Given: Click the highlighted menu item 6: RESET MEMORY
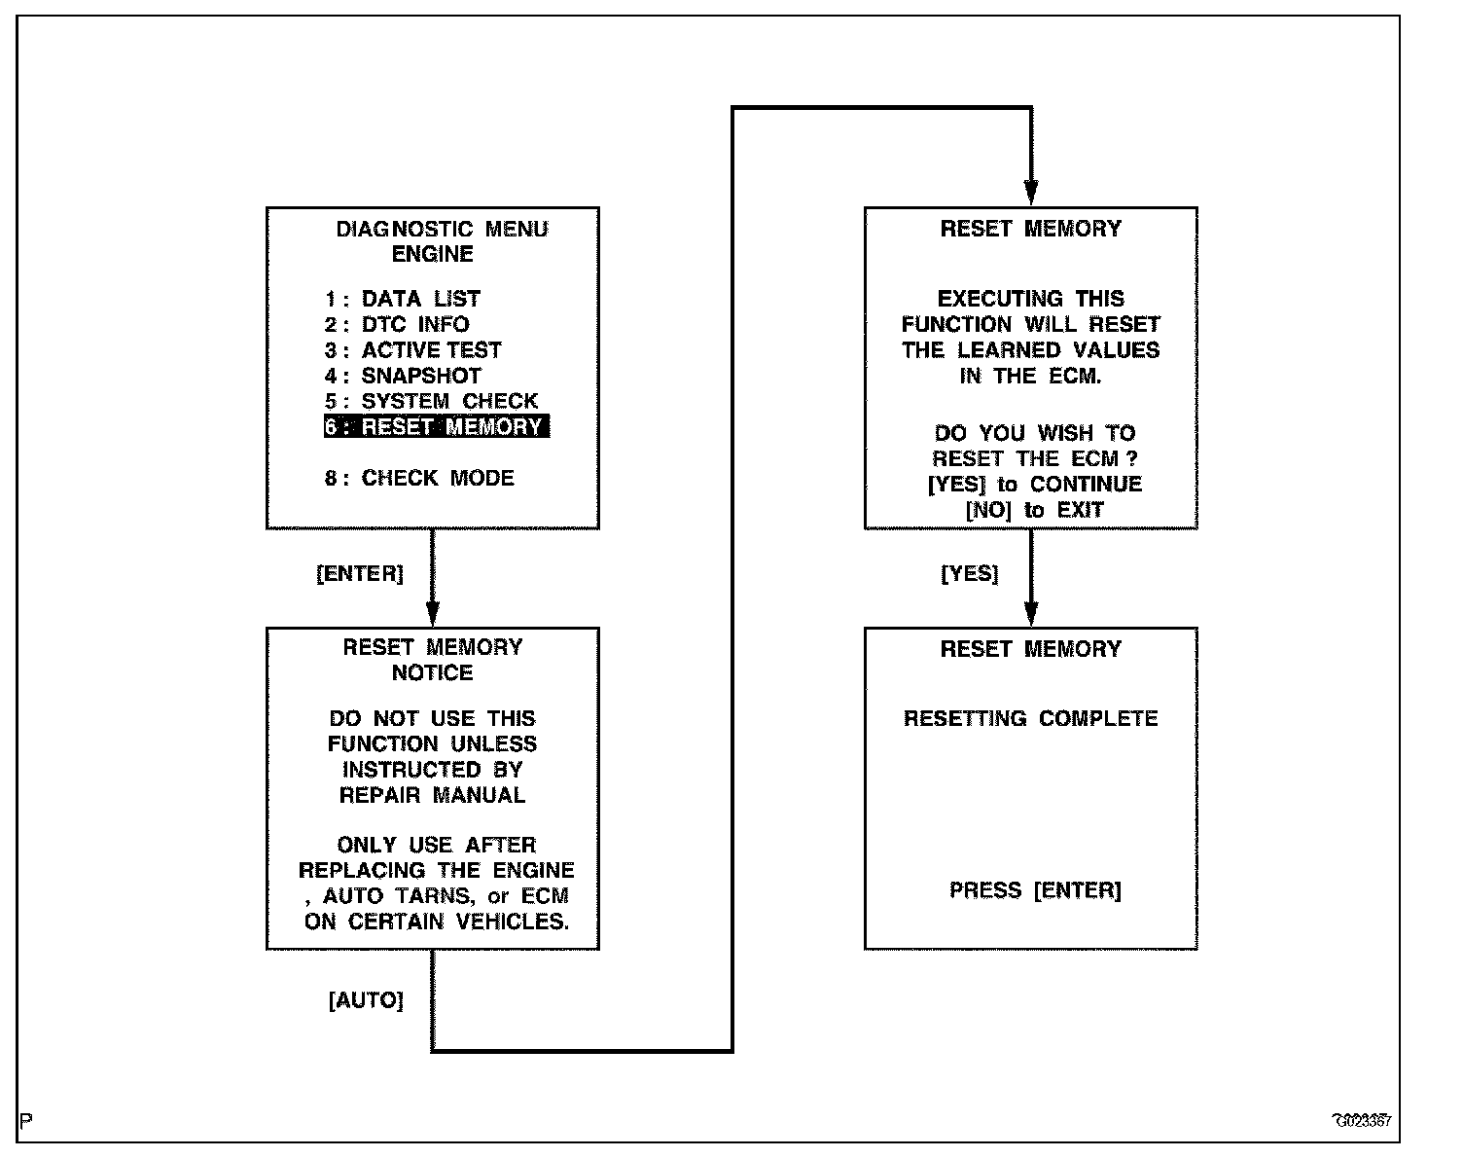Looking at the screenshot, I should coord(437,427).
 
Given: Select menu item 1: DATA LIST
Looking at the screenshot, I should coord(403,299).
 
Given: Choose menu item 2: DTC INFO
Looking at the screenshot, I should coord(397,324).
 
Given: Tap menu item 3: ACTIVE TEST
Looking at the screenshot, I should coord(413,350).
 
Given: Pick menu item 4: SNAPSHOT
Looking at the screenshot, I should coord(404,376).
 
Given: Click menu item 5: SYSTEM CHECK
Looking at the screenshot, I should coord(431,401).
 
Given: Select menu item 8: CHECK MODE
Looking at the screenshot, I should coord(419,478).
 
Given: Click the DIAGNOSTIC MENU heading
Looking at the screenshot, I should coord(442,230).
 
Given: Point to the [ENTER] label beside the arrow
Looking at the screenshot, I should coord(360,574).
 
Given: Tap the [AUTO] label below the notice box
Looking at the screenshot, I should coord(366,1000).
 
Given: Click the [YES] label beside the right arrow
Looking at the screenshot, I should coord(970,574).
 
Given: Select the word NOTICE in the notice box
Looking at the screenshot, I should coord(433,672).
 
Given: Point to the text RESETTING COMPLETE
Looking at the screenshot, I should coord(1031,719).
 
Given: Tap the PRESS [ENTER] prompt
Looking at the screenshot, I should coord(1035,890).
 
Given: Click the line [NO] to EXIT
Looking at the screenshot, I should coord(1034,510).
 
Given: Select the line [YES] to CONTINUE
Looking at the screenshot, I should coord(1035,485).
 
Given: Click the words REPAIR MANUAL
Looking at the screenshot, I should coord(432,795).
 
